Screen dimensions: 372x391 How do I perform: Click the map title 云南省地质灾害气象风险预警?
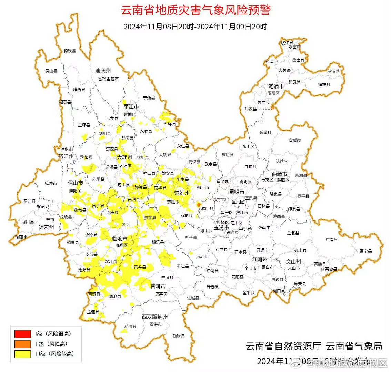pyautogui.click(x=195, y=10)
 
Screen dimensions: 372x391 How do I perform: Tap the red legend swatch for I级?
pyautogui.click(x=22, y=334)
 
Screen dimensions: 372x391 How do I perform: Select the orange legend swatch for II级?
pyautogui.click(x=22, y=344)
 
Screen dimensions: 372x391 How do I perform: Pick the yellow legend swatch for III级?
pyautogui.click(x=22, y=354)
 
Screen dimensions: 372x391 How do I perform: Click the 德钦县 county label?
pyautogui.click(x=70, y=51)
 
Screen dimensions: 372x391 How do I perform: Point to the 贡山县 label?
pyautogui.click(x=51, y=71)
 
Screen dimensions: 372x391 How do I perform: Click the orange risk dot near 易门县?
pyautogui.click(x=199, y=205)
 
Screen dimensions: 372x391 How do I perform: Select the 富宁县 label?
pyautogui.click(x=366, y=251)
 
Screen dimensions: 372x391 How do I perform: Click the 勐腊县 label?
pyautogui.click(x=179, y=336)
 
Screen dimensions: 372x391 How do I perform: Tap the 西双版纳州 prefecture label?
pyautogui.click(x=155, y=317)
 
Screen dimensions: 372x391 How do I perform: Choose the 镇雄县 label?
pyautogui.click(x=324, y=84)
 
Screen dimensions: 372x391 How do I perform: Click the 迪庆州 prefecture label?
pyautogui.click(x=103, y=71)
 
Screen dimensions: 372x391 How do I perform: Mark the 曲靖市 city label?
pyautogui.click(x=279, y=174)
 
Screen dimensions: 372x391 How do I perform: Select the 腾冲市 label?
pyautogui.click(x=51, y=184)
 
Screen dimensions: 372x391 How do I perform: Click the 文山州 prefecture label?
pyautogui.click(x=293, y=261)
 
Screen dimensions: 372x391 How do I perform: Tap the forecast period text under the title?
pyautogui.click(x=195, y=27)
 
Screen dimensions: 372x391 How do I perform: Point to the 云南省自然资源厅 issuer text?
pyautogui.click(x=283, y=346)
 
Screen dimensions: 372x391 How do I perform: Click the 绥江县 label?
pyautogui.click(x=287, y=43)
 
